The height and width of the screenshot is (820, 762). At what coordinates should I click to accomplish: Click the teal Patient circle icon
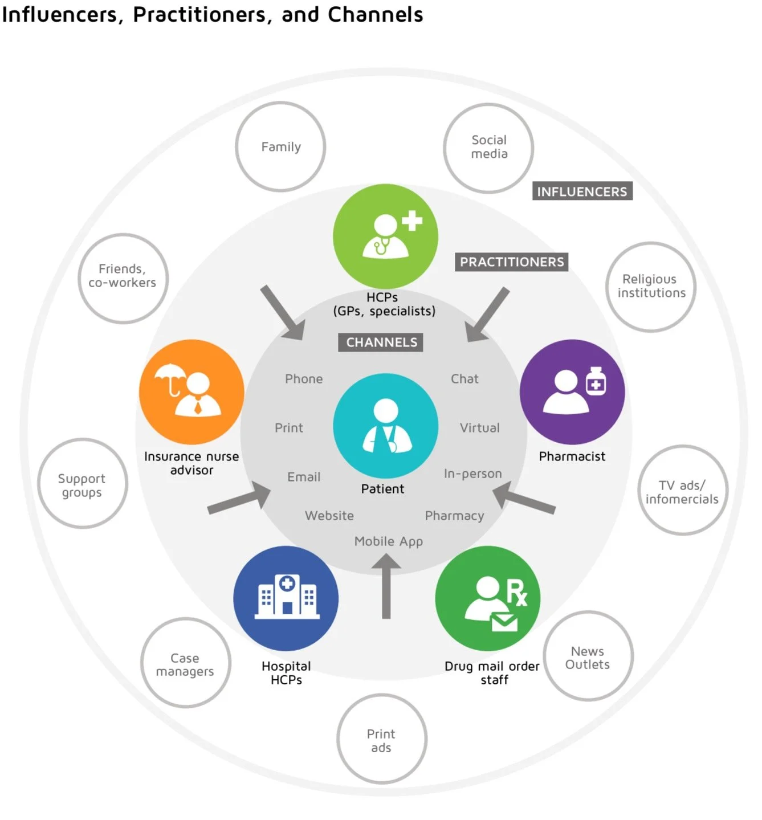[x=385, y=426]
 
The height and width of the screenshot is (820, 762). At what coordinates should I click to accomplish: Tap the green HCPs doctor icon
[x=385, y=236]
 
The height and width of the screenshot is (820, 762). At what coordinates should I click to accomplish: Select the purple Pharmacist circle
[x=572, y=392]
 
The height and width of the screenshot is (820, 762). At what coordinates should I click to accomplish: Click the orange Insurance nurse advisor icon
[x=191, y=392]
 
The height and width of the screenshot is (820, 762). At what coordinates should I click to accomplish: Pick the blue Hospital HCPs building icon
[x=286, y=598]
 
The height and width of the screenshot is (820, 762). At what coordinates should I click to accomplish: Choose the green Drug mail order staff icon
[x=487, y=598]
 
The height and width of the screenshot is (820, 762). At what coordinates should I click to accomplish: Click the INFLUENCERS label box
[x=582, y=191]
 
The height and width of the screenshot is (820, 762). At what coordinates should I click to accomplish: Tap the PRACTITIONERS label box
[x=511, y=262]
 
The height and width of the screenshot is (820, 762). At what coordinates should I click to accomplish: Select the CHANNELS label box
[x=381, y=342]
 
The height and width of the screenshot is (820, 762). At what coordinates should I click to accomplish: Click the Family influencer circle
[x=280, y=147]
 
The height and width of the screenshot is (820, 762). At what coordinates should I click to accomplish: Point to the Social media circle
[x=488, y=148]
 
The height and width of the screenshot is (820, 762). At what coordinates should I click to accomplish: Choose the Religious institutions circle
[x=651, y=287]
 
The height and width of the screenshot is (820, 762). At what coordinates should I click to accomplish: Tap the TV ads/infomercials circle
[x=682, y=491]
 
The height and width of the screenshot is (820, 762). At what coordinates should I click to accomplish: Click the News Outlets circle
[x=588, y=656]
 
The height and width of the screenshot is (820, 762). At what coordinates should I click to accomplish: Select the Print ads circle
[x=381, y=739]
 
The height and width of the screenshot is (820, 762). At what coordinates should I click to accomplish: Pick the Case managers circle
[x=185, y=663]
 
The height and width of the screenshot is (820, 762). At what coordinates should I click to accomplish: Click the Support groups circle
[x=83, y=484]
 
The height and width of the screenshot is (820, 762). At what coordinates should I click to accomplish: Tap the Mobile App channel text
[x=389, y=541]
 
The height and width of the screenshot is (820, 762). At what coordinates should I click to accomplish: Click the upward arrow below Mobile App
[x=386, y=587]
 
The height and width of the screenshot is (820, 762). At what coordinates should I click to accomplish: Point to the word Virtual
[x=479, y=428]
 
